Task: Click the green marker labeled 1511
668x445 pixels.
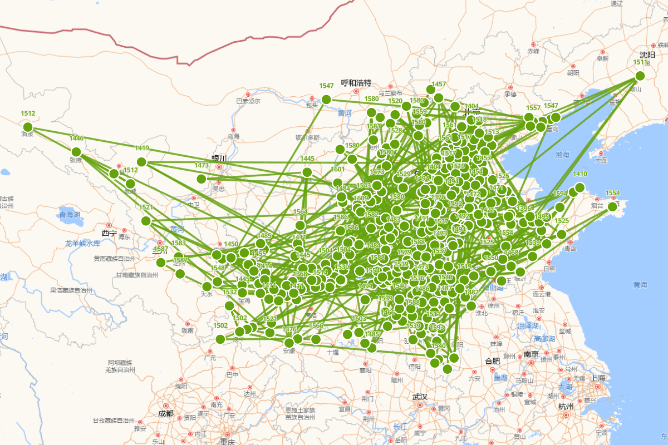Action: tap(640, 76)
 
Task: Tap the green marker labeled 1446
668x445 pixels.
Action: tap(76, 152)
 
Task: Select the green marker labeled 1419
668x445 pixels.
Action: tap(141, 162)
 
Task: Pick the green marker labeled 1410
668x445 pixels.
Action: tap(580, 187)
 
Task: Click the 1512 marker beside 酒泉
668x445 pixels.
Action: tap(28, 127)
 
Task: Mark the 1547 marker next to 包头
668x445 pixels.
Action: tap(326, 100)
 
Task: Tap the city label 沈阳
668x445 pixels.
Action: tap(647, 55)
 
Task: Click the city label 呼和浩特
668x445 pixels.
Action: tap(356, 82)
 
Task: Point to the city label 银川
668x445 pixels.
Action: tap(219, 158)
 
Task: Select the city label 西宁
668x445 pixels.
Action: tap(109, 233)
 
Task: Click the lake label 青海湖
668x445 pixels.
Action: tap(70, 214)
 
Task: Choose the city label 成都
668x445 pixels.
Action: tap(165, 413)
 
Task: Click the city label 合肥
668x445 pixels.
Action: tap(492, 361)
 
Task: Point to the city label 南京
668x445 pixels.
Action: tap(531, 354)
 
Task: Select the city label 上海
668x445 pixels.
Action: tap(598, 378)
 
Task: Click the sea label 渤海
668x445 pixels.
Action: tap(562, 154)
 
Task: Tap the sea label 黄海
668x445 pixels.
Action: tap(640, 285)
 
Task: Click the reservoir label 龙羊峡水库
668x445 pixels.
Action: tap(82, 243)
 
